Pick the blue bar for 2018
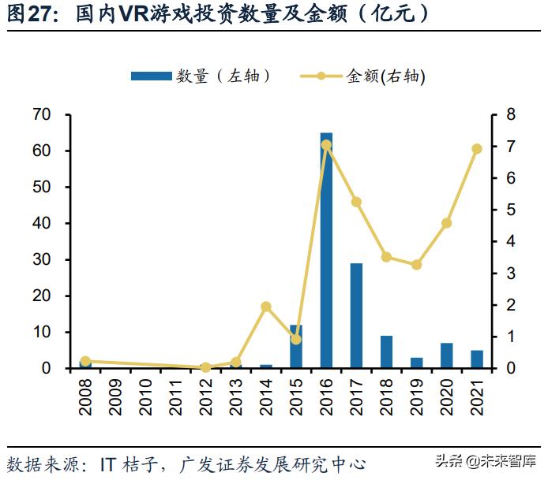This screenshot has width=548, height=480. (386, 352)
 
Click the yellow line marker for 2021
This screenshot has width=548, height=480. (477, 149)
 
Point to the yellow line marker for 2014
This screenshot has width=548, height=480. (266, 307)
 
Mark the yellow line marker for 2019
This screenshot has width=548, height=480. (416, 265)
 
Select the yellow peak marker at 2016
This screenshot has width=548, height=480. (326, 145)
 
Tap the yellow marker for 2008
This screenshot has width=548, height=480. (85, 361)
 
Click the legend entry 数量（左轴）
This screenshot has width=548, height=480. (201, 76)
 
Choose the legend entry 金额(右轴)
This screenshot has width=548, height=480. (363, 76)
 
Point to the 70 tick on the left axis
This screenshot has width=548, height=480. (42, 115)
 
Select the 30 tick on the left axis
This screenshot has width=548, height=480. (42, 260)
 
